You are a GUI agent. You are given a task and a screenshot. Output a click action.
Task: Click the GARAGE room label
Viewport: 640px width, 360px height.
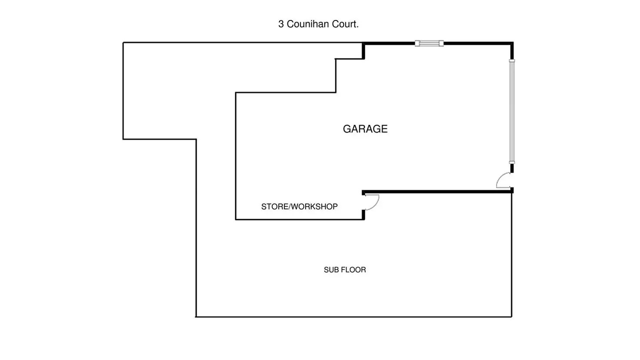[x=365, y=129]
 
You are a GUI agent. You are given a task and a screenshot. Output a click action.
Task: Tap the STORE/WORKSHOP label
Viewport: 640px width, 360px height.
[x=299, y=207]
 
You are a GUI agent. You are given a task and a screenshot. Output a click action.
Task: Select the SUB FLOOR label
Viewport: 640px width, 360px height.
[x=345, y=270]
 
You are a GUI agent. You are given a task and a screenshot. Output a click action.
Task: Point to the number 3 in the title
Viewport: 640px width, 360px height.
[x=281, y=24]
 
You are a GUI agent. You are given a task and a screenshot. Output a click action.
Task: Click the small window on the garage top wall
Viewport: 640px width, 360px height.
[x=429, y=43]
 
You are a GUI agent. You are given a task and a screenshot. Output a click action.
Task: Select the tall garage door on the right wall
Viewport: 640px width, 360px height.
[x=512, y=111]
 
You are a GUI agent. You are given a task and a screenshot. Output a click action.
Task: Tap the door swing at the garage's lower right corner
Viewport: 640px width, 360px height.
[x=504, y=180]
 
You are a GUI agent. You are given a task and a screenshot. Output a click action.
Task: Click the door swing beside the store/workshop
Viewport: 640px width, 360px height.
[x=371, y=202]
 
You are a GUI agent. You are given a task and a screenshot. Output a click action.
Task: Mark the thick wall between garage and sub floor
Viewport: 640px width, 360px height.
[x=437, y=191]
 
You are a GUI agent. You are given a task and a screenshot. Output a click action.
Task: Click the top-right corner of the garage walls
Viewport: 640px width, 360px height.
[x=512, y=43]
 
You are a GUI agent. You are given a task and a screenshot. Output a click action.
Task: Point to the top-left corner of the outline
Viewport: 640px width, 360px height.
[x=123, y=43]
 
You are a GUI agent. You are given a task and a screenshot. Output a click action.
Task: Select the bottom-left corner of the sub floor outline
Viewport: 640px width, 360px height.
[x=196, y=317]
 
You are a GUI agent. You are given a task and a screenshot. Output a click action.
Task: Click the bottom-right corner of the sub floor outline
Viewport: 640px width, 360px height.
[x=511, y=317]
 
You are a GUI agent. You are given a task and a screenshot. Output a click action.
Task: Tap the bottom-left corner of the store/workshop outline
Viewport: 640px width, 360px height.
[x=236, y=219]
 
